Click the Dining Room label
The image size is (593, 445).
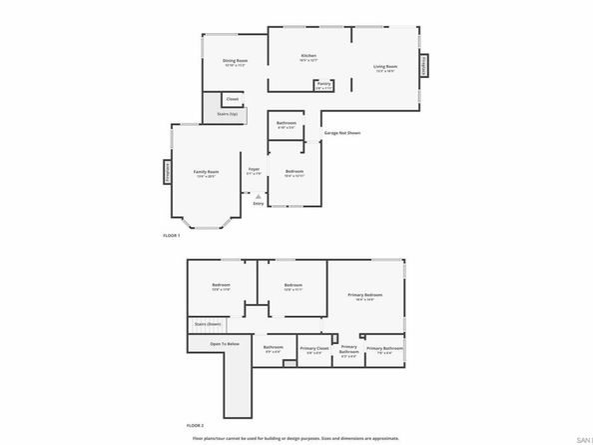(236, 61)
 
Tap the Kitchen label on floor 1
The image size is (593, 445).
(309, 55)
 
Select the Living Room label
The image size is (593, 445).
(385, 66)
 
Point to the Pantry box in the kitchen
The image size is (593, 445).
(324, 86)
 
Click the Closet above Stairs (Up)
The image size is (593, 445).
(232, 99)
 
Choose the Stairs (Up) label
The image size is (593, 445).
(227, 114)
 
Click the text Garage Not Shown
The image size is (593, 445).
(342, 132)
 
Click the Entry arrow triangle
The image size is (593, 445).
(258, 195)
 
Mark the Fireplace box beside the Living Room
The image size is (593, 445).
(423, 66)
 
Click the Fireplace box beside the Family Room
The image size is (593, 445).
(167, 172)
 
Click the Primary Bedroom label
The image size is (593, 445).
(365, 295)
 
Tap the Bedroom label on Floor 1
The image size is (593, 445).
(295, 171)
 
